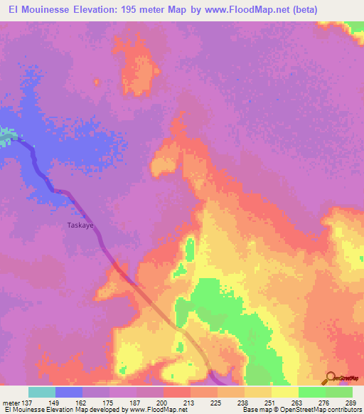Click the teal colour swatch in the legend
[42, 392]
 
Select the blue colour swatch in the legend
[69, 392]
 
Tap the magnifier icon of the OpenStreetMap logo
[331, 377]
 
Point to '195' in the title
[132, 10]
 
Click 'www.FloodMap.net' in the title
[240, 10]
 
